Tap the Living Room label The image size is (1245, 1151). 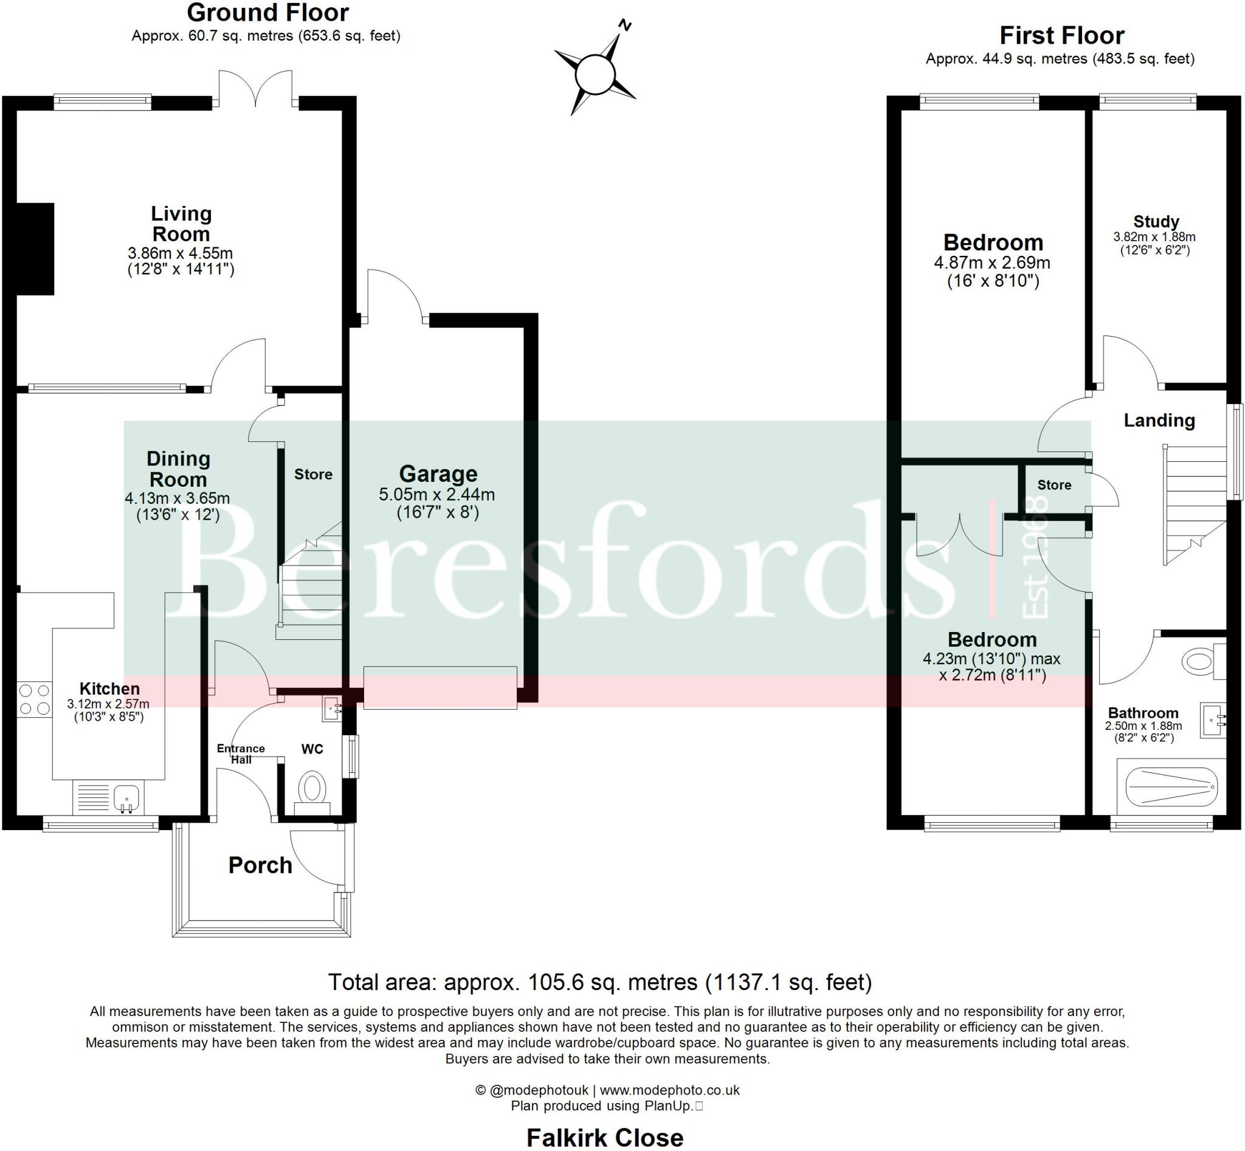[x=181, y=224]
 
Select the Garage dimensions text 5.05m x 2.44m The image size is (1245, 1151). [x=437, y=495]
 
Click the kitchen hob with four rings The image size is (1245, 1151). [x=35, y=699]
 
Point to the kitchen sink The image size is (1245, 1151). [x=126, y=797]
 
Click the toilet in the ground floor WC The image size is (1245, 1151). [x=312, y=790]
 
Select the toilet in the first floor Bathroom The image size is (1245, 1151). [x=1198, y=661]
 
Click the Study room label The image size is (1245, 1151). [x=1156, y=222]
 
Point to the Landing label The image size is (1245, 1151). [x=1159, y=421]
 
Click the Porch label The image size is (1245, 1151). [x=260, y=865]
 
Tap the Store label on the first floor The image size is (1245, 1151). [x=1054, y=485]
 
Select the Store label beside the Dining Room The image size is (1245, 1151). [x=313, y=475]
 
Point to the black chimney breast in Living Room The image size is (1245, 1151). [x=35, y=249]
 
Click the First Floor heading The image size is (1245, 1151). [x=1061, y=35]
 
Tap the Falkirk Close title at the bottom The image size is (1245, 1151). [x=604, y=1137]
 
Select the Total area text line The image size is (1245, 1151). [x=599, y=982]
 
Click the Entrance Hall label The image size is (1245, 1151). [x=241, y=754]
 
